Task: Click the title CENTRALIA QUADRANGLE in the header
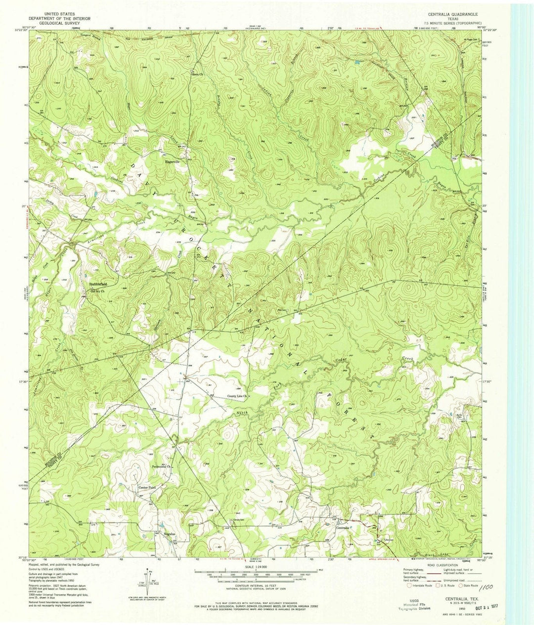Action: coord(451,15)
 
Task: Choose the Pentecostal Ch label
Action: coord(162,466)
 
